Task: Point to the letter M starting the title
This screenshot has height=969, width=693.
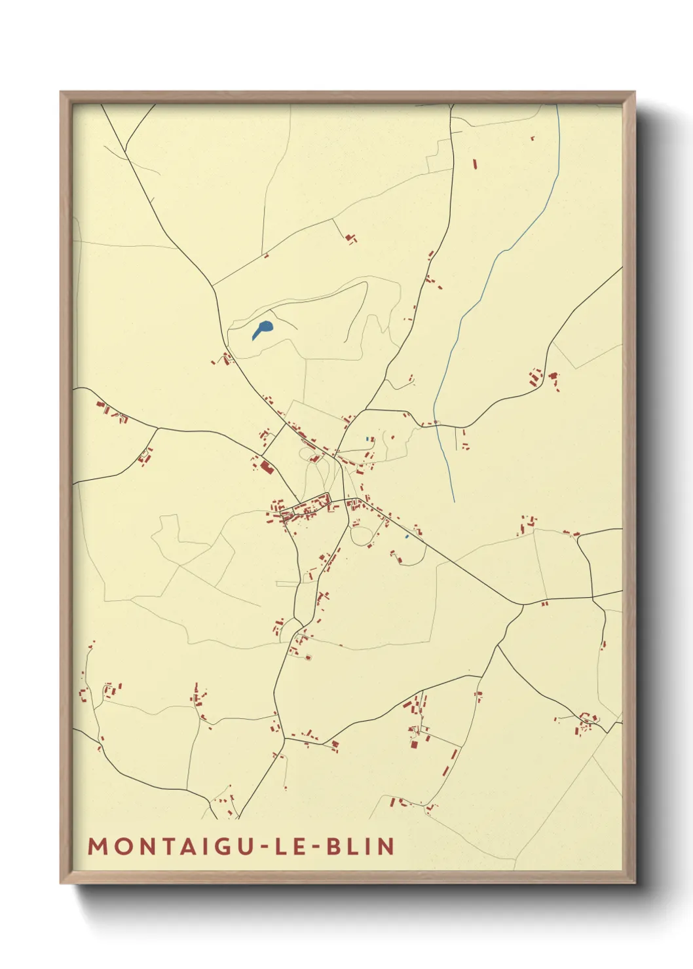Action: [x=98, y=847]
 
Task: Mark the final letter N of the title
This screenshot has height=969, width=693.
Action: [x=386, y=847]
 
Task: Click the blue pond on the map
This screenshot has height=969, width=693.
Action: [x=263, y=329]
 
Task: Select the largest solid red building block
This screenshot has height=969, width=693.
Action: [x=266, y=467]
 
